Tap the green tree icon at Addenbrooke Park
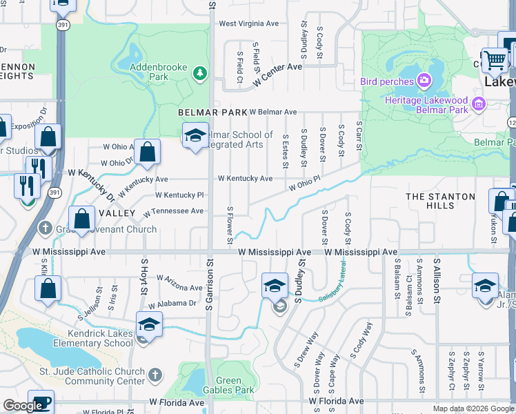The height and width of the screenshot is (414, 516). click(x=200, y=72)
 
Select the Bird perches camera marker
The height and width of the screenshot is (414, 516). click(x=424, y=81)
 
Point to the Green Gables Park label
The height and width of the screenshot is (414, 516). click(x=229, y=385)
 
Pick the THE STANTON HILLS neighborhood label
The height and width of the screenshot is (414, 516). click(x=440, y=201)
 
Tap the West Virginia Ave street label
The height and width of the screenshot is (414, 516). click(x=248, y=23)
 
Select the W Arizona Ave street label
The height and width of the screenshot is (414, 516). click(x=179, y=282)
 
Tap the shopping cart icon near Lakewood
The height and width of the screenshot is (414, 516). click(x=495, y=61)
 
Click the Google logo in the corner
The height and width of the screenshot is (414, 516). click(x=23, y=406)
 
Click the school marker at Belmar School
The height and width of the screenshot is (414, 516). click(x=195, y=135)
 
